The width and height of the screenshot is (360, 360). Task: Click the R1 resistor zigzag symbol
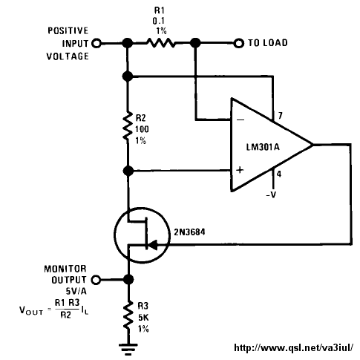tap(161, 43)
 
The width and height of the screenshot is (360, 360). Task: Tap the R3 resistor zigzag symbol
tap(128, 314)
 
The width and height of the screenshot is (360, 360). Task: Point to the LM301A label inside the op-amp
tap(263, 147)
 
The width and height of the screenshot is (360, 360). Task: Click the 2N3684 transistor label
tap(189, 232)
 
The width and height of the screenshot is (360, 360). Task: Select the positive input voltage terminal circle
tap(96, 43)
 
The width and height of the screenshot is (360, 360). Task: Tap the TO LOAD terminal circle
tap(239, 43)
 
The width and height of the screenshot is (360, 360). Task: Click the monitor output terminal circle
tap(96, 280)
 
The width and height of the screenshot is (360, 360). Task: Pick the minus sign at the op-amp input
tap(240, 120)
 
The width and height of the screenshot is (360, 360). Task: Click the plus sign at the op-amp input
tap(240, 170)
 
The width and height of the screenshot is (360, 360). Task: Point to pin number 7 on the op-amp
tap(280, 116)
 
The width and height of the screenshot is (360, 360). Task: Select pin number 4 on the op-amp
tap(279, 174)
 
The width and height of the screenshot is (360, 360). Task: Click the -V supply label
tap(271, 195)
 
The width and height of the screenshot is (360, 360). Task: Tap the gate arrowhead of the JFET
tap(153, 245)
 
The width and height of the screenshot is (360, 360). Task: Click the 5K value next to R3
tap(143, 318)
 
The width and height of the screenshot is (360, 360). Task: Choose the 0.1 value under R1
tap(158, 21)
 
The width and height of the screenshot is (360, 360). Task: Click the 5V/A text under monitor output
tap(76, 291)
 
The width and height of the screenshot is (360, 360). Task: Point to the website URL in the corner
tap(294, 347)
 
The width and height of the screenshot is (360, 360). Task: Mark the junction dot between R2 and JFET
tap(128, 171)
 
